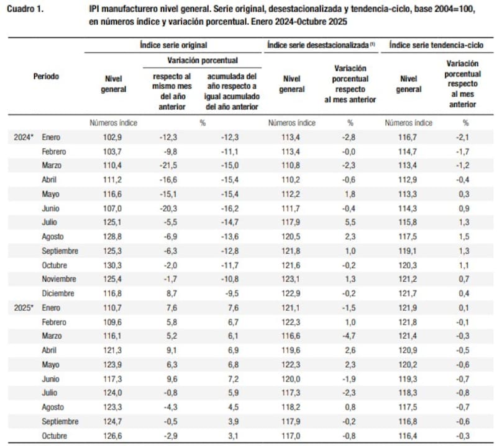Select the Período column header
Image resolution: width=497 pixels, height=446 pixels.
pos(47,77)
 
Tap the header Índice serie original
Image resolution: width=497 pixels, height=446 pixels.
pos(173,45)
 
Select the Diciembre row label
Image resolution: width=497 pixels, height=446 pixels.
pos(58,293)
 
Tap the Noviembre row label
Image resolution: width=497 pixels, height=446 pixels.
pos(60,279)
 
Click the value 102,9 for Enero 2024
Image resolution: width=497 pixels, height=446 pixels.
pos(113,137)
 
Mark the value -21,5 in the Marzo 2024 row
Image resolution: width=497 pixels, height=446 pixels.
pos(170,166)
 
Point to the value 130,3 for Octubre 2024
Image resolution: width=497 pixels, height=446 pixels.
pos(113,265)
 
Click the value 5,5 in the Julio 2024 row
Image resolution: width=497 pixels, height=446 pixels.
pos(350,222)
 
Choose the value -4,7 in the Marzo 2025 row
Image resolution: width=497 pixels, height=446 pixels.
pos(350,336)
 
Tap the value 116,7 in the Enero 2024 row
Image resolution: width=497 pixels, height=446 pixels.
pos(408,137)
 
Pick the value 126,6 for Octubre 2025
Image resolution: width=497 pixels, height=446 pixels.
pos(113,436)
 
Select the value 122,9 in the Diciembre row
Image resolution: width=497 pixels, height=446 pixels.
pos(293,293)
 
